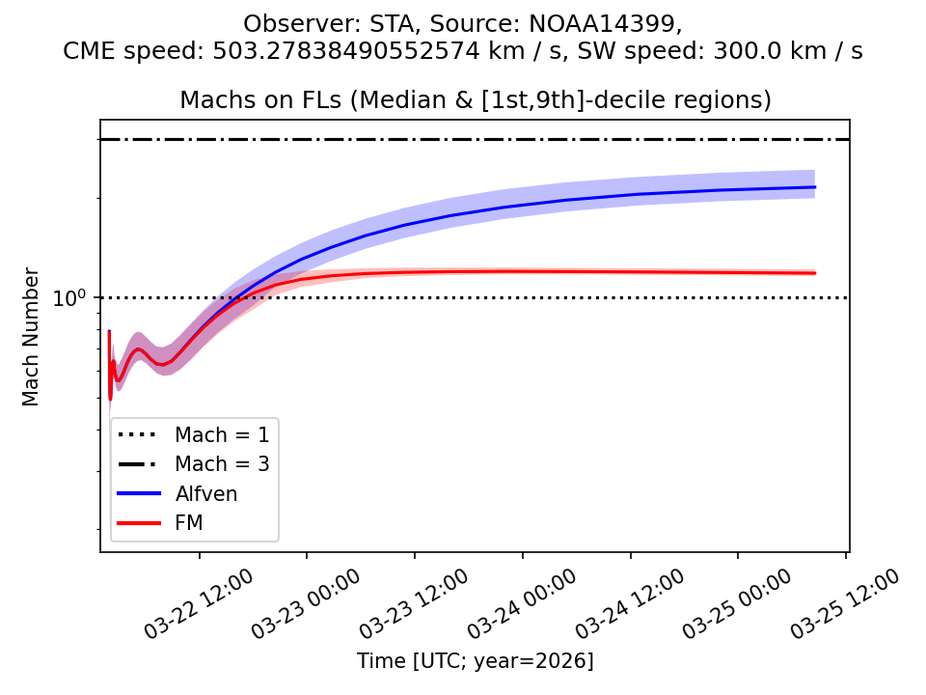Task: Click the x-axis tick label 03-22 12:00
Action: tap(200, 603)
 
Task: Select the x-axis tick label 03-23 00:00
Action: tap(307, 603)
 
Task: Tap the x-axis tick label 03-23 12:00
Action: tap(415, 603)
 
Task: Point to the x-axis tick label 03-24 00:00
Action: tap(523, 603)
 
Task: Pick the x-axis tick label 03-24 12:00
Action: tap(631, 603)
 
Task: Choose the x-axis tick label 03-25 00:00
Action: tap(739, 603)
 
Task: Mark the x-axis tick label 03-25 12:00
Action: tap(846, 603)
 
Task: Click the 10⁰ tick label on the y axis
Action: tap(69, 299)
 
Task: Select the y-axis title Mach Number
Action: tap(32, 337)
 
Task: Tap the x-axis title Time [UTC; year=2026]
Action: tap(475, 661)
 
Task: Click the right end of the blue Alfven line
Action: tap(815, 187)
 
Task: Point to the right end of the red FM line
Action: tap(815, 273)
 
